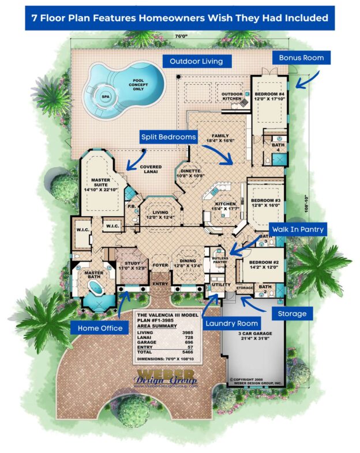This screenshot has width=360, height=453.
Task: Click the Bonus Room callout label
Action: click(x=301, y=58)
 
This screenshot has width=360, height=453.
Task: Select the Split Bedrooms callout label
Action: click(x=169, y=137)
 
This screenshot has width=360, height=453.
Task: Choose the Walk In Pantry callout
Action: click(x=297, y=229)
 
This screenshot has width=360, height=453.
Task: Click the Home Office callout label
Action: click(x=97, y=328)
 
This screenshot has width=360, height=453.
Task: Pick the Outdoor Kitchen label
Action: click(x=232, y=96)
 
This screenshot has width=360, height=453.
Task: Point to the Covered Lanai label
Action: click(x=151, y=169)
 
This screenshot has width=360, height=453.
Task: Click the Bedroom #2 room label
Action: click(x=264, y=265)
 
